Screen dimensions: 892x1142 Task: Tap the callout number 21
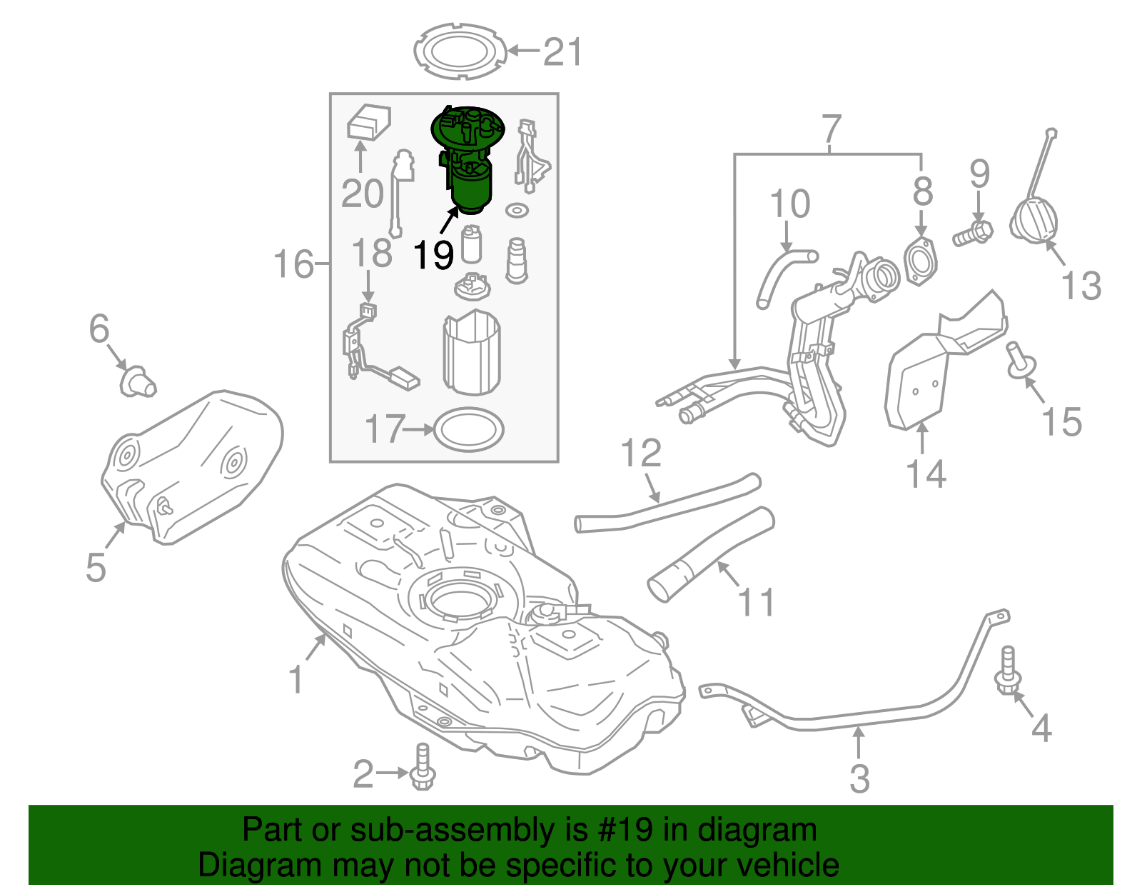pos(562,52)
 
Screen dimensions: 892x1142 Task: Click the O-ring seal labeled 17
pos(469,429)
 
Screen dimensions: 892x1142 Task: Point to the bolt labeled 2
pos(422,769)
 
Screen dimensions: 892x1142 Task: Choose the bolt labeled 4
pos(1008,672)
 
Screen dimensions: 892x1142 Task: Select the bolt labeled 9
pos(972,234)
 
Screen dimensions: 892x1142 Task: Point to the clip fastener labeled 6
pos(136,381)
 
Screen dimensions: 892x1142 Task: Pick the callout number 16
pos(293,265)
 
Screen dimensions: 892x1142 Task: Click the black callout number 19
pos(433,254)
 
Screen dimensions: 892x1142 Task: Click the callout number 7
pos(832,129)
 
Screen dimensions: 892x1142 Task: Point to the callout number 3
pos(860,778)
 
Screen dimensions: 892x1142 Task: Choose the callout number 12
pos(641,453)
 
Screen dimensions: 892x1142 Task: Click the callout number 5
pos(96,567)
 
